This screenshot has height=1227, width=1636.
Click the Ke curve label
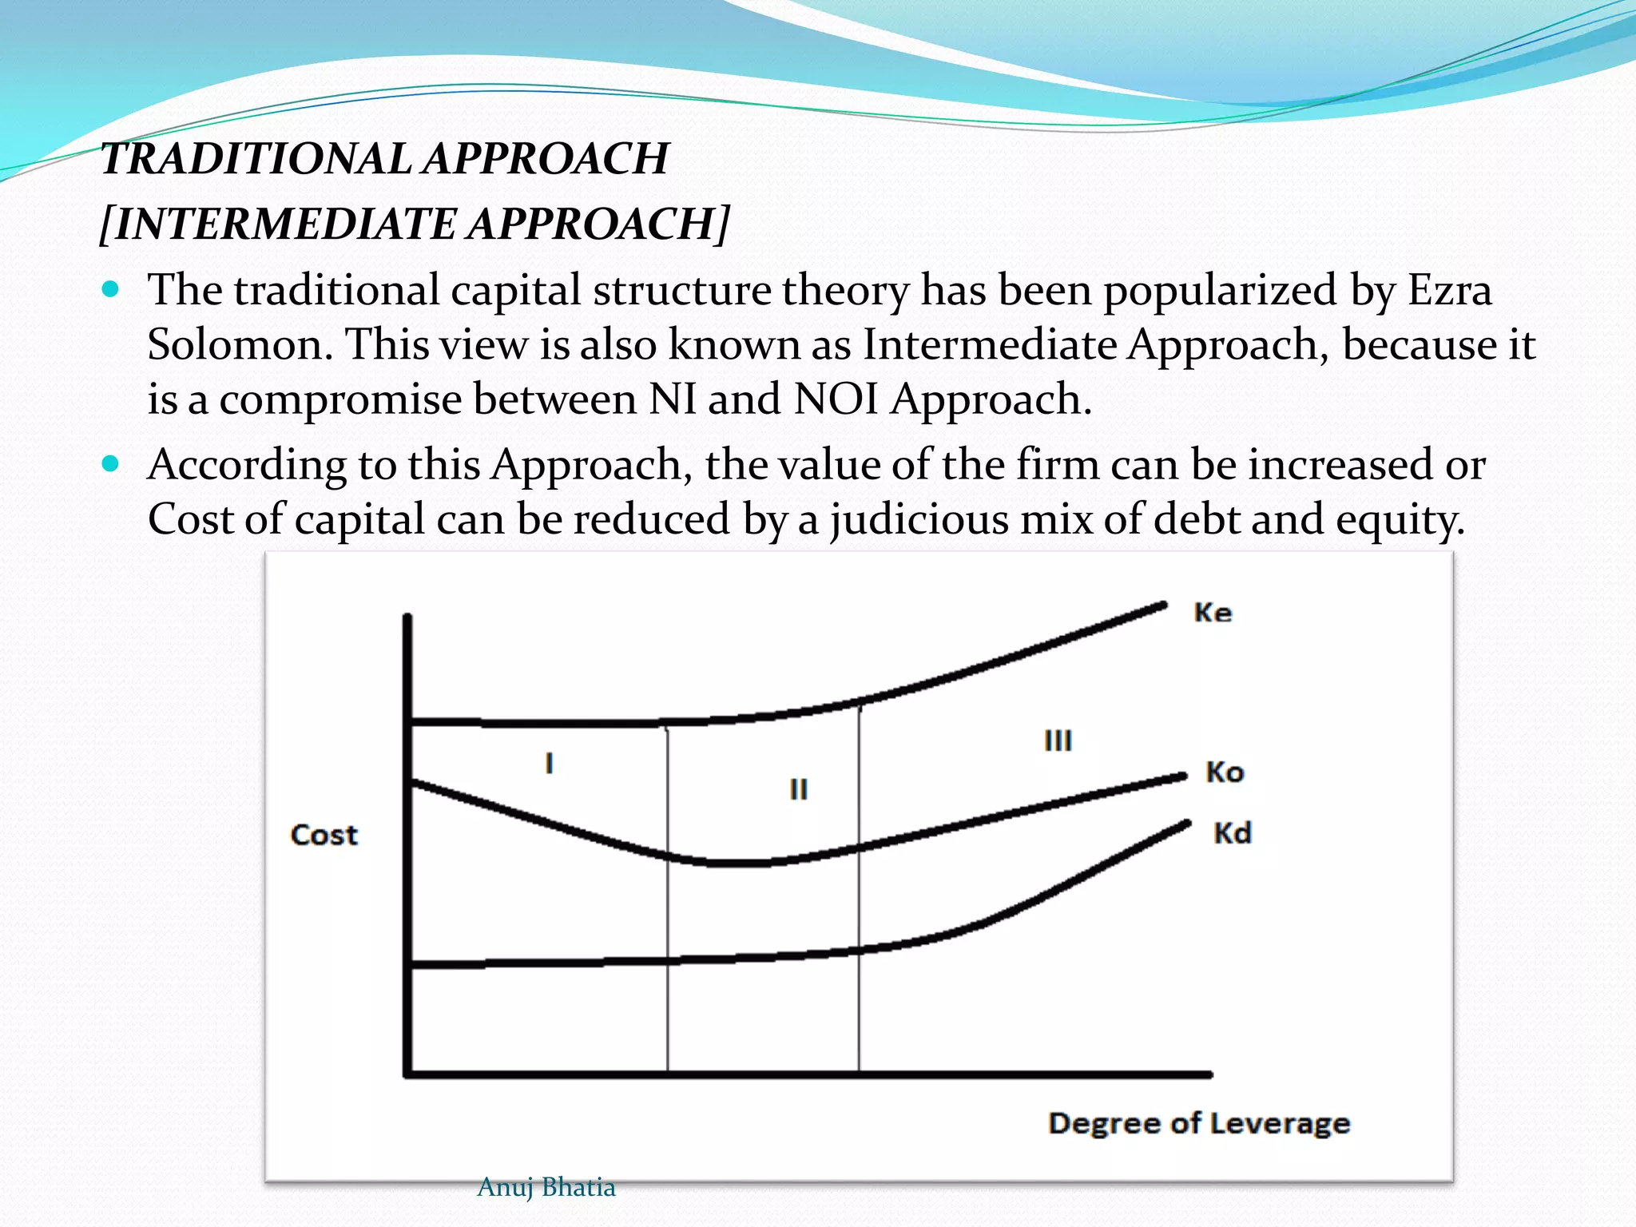click(x=1213, y=613)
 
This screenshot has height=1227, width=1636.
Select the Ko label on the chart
click(x=1225, y=772)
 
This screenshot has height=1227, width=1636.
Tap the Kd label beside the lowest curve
click(x=1233, y=833)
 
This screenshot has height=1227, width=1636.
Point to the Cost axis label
click(x=324, y=835)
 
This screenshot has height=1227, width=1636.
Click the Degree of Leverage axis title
click(x=1199, y=1123)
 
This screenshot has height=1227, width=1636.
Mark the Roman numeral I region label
click(x=549, y=763)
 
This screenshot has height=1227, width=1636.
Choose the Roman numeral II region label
click(x=798, y=789)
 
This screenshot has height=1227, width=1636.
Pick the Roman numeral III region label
click(x=1058, y=741)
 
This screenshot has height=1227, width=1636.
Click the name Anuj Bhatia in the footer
click(x=546, y=1187)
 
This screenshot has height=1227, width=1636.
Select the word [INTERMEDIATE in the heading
click(x=280, y=224)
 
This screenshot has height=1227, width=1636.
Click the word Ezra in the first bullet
click(x=1449, y=289)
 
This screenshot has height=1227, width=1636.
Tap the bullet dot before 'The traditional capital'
click(x=111, y=288)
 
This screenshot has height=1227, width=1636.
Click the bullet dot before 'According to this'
click(x=111, y=463)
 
